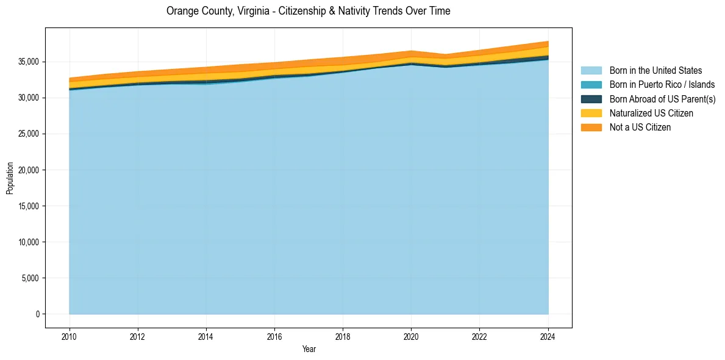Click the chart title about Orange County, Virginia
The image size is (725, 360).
pyautogui.click(x=308, y=11)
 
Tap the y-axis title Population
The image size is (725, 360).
pyautogui.click(x=10, y=178)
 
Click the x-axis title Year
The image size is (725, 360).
pyautogui.click(x=309, y=349)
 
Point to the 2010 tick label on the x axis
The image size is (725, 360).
pyautogui.click(x=70, y=336)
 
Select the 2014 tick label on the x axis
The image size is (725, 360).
pyautogui.click(x=206, y=336)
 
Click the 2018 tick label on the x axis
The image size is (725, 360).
pyautogui.click(x=343, y=336)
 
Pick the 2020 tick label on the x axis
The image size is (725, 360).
pyautogui.click(x=411, y=336)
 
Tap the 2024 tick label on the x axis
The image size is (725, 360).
pyautogui.click(x=548, y=336)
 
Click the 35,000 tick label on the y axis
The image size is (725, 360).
pyautogui.click(x=27, y=62)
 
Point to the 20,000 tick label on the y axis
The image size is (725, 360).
pyautogui.click(x=27, y=170)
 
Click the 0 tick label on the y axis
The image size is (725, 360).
pyautogui.click(x=37, y=314)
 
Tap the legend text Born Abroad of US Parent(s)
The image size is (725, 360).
pyautogui.click(x=662, y=99)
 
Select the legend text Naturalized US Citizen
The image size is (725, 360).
pyautogui.click(x=651, y=113)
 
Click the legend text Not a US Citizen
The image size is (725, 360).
pyautogui.click(x=640, y=128)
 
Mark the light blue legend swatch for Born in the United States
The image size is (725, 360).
pyautogui.click(x=591, y=71)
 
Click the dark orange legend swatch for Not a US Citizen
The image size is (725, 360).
pyautogui.click(x=591, y=128)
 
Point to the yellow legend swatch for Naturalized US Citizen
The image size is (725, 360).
pyautogui.click(x=591, y=113)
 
